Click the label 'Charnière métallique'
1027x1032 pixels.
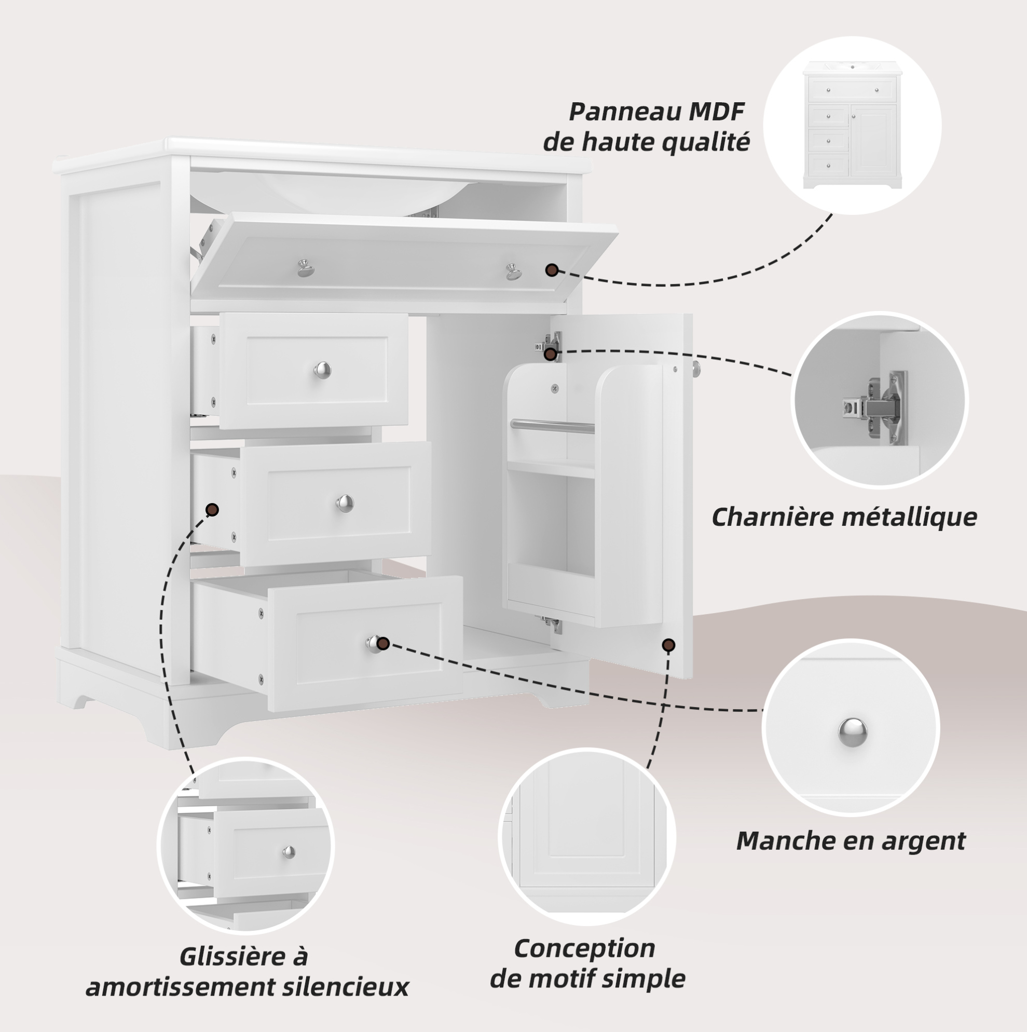pyautogui.click(x=844, y=518)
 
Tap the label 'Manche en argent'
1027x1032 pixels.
pyautogui.click(x=851, y=841)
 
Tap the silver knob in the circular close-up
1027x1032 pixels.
pyautogui.click(x=852, y=732)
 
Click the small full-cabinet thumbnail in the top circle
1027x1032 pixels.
pyautogui.click(x=852, y=125)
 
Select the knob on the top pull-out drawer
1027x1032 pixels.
pyautogui.click(x=322, y=370)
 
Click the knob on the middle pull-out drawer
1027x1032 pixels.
pyautogui.click(x=345, y=503)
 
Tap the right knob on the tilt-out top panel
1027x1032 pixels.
pyautogui.click(x=513, y=271)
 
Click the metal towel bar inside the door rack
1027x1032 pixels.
pyautogui.click(x=552, y=426)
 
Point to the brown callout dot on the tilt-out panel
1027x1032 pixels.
pyautogui.click(x=552, y=270)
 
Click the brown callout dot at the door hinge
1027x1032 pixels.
pyautogui.click(x=551, y=354)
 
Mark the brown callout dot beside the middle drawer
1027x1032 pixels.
pyautogui.click(x=213, y=510)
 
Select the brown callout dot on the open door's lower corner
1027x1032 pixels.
pyautogui.click(x=668, y=645)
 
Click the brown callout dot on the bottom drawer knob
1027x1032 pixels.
pyautogui.click(x=383, y=644)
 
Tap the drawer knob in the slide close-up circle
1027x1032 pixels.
pyautogui.click(x=289, y=851)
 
